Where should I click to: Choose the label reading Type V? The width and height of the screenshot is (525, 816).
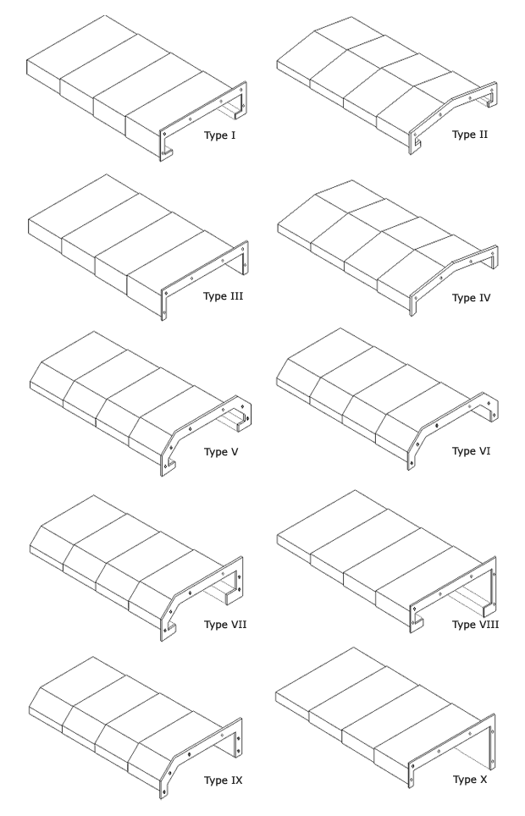click(222, 451)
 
